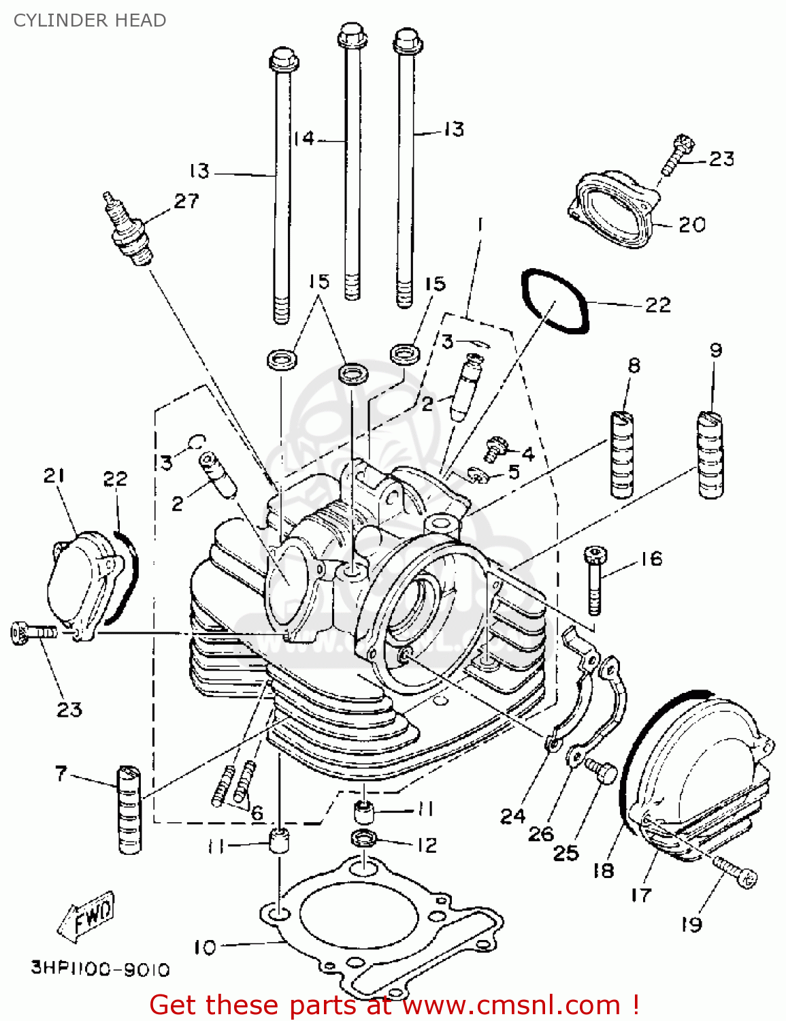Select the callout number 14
[x=304, y=139]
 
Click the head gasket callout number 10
[x=204, y=947]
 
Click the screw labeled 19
[x=735, y=873]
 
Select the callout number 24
[x=512, y=815]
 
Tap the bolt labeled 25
[x=602, y=771]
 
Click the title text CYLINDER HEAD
[x=90, y=20]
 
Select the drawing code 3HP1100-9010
[x=100, y=968]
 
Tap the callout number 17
[x=640, y=895]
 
